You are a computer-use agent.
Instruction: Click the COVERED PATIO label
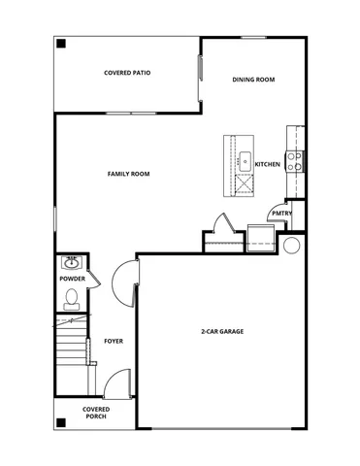(x=127, y=73)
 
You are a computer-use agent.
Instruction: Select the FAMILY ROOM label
(x=127, y=174)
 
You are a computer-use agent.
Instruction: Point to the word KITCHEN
(x=268, y=165)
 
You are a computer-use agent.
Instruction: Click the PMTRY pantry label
(x=281, y=213)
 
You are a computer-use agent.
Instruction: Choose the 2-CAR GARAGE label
(x=221, y=332)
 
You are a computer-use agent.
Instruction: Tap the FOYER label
(x=114, y=342)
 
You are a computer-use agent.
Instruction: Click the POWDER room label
(x=73, y=280)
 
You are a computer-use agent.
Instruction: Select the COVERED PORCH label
(x=96, y=414)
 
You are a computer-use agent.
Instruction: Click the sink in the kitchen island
(x=245, y=160)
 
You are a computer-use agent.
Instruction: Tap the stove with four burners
(x=295, y=160)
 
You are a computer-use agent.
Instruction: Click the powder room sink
(x=71, y=262)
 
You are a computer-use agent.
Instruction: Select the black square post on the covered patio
(x=60, y=44)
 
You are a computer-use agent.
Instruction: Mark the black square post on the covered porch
(x=60, y=421)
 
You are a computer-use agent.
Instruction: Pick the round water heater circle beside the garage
(x=292, y=245)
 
